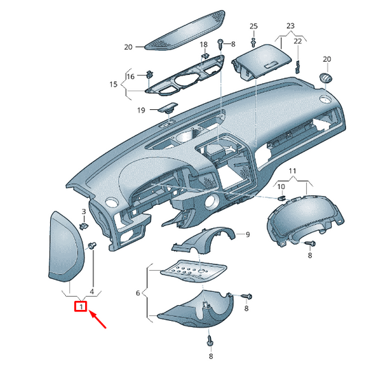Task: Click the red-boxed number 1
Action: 81,306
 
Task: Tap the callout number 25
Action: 253,26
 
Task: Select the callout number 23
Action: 290,26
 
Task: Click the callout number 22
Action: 298,41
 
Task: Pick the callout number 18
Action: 204,45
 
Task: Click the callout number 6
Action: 137,293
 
